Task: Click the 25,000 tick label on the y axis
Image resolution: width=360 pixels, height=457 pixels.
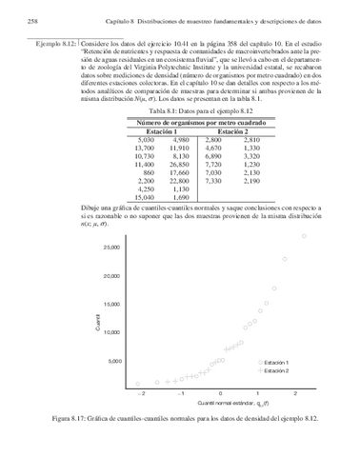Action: tap(111, 248)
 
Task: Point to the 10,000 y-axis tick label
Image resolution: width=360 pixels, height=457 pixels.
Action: tap(111, 332)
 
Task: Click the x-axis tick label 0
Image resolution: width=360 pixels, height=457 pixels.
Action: tap(220, 392)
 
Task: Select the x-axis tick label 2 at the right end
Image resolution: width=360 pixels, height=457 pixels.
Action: tap(295, 392)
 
